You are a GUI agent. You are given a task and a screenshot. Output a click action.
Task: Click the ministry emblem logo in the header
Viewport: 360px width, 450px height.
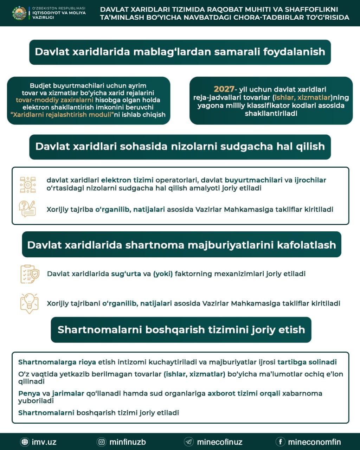[19, 13]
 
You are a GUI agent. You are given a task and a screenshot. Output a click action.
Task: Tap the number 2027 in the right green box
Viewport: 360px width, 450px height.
[224, 89]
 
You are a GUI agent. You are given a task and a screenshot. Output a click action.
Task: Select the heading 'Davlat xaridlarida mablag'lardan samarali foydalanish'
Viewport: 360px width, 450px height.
[180, 52]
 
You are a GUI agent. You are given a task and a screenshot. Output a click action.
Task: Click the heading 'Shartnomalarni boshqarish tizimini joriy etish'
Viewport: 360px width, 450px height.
[181, 330]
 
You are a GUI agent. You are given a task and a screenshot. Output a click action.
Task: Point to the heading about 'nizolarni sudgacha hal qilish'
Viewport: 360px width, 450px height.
[180, 147]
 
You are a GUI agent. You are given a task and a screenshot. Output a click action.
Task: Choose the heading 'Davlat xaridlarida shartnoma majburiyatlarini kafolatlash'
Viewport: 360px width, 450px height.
[181, 245]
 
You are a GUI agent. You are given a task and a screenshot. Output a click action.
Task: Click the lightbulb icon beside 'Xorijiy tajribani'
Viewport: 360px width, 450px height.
[29, 303]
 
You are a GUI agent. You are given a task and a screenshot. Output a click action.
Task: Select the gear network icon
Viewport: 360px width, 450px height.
[28, 184]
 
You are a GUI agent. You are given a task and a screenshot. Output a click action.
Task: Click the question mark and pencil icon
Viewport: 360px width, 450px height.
[28, 209]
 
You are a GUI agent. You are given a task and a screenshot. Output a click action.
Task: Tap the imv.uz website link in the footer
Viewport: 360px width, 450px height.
[44, 442]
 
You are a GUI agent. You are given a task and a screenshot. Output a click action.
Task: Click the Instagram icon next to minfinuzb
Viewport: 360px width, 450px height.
[102, 442]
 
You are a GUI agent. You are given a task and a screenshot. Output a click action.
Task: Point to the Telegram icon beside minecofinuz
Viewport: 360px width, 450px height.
[189, 442]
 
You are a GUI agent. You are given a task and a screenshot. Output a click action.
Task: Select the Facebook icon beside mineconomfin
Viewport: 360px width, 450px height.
[280, 442]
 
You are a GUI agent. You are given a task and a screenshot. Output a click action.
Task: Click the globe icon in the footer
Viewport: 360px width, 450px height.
[25, 442]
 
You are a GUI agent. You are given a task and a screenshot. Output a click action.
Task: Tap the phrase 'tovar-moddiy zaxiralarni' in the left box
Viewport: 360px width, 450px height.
[54, 100]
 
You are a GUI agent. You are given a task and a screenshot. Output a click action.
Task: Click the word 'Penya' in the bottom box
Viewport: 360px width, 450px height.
[29, 393]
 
